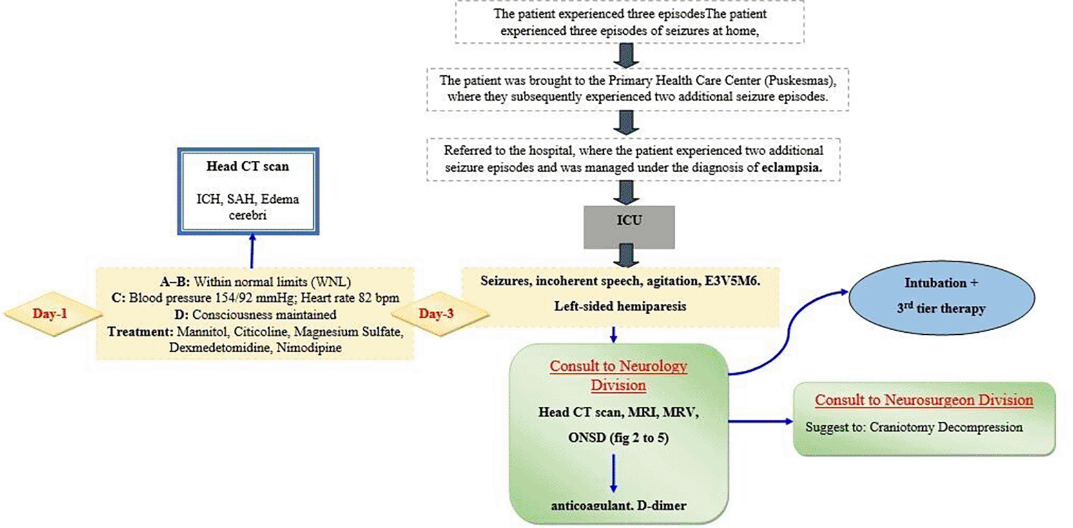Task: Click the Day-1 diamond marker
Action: click(x=50, y=314)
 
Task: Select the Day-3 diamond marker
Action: click(x=436, y=314)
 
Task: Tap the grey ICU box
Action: click(x=629, y=226)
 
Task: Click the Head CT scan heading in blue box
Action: click(x=247, y=166)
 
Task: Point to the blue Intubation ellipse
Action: click(x=941, y=297)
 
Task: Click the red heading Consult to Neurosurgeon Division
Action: click(x=923, y=400)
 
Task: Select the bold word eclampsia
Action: click(x=791, y=167)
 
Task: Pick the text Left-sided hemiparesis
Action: click(x=620, y=306)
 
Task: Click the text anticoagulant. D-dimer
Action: click(x=618, y=505)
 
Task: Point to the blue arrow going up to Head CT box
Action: click(x=252, y=251)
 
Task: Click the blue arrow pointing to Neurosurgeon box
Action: click(x=760, y=421)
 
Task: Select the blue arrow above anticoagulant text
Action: click(x=613, y=473)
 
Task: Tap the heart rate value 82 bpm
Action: click(x=374, y=298)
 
